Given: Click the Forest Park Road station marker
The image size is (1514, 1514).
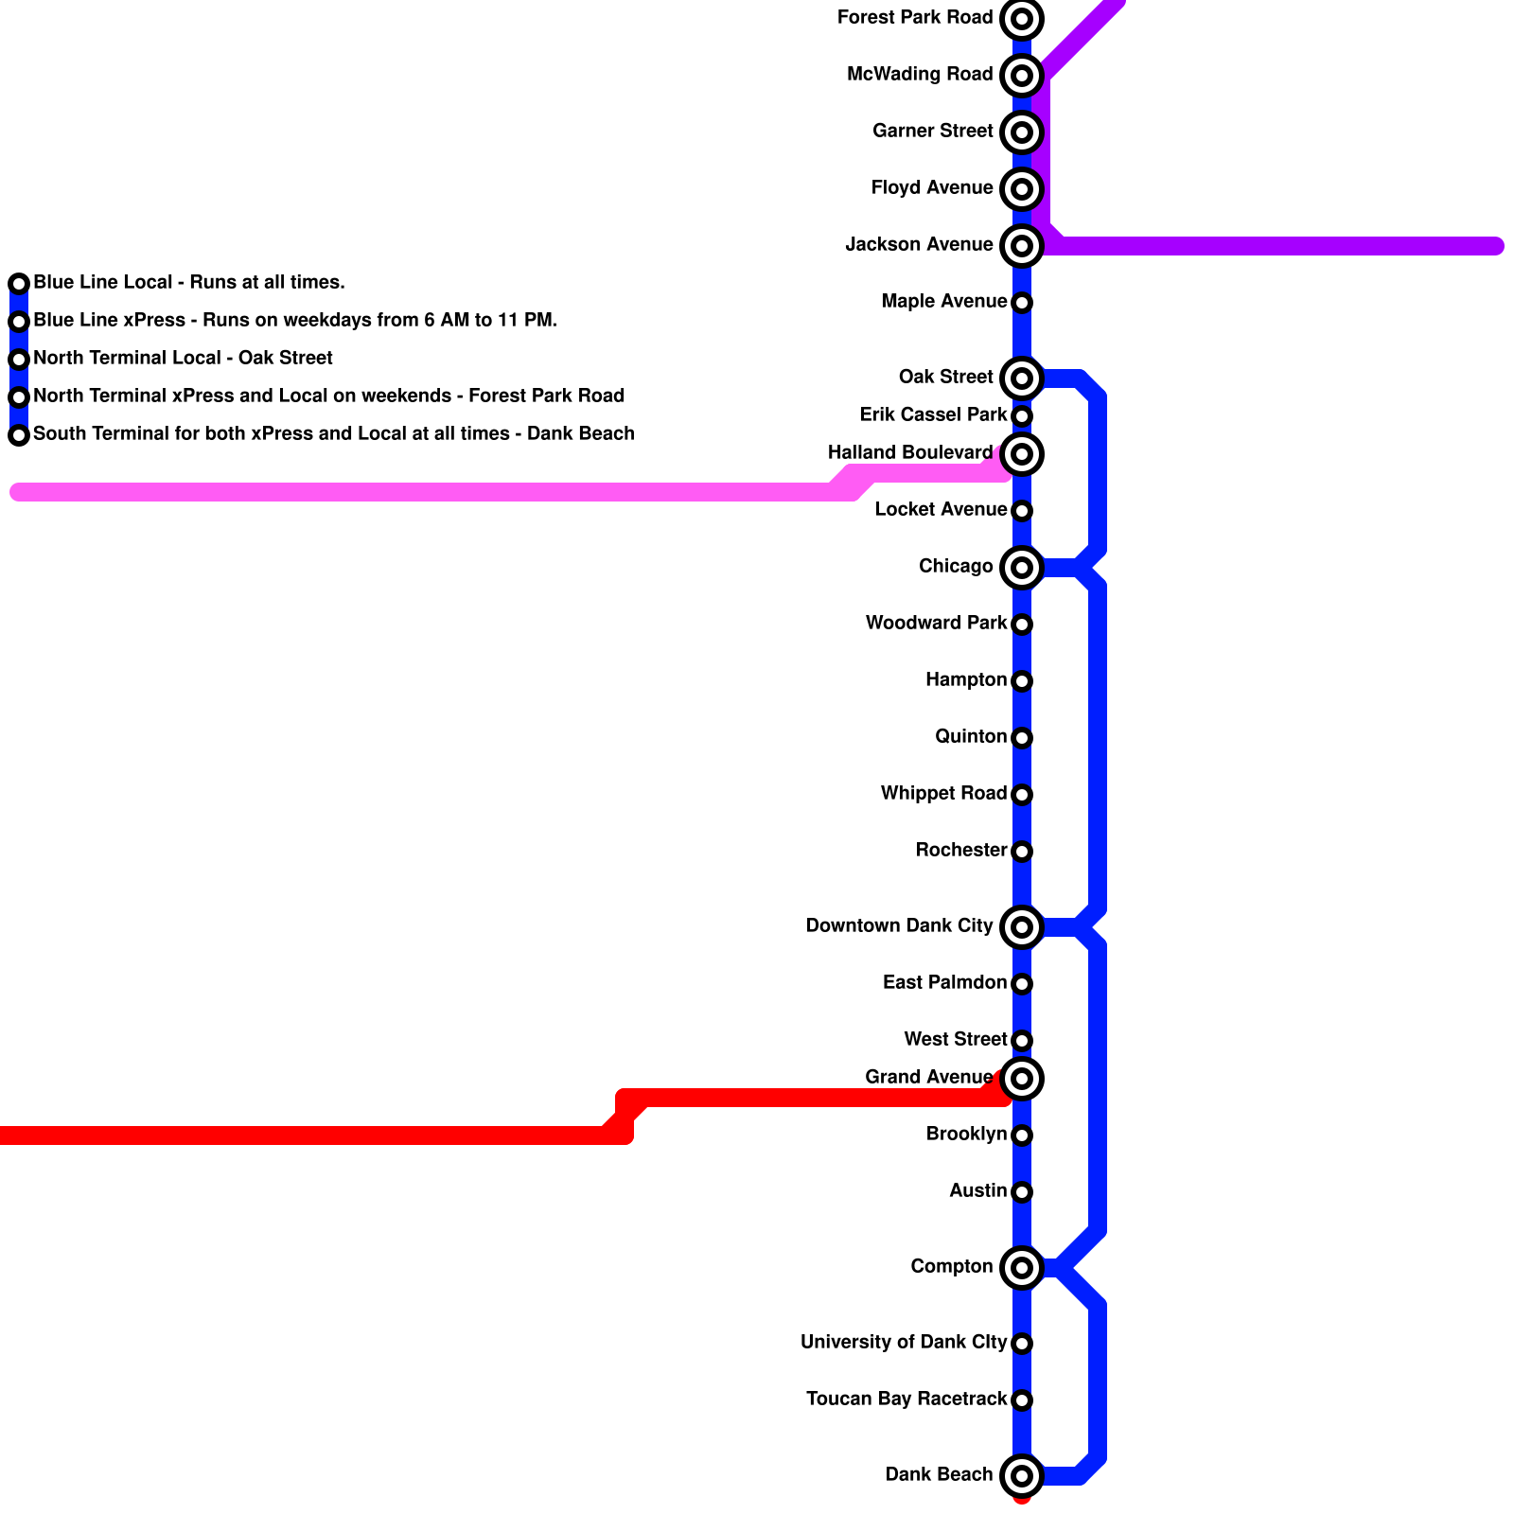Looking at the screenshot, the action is click(1022, 19).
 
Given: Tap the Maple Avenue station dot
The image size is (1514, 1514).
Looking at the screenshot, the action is click(1022, 303).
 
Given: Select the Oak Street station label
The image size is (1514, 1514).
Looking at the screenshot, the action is click(946, 377).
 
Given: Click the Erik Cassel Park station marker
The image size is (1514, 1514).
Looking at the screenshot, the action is click(1022, 416).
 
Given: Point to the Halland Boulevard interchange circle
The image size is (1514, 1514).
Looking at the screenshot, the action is click(1022, 454).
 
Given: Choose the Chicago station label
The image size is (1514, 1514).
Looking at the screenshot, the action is click(956, 566).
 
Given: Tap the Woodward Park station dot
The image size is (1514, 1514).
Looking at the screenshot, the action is click(1022, 625).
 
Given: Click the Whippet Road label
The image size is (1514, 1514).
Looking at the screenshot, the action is click(943, 793).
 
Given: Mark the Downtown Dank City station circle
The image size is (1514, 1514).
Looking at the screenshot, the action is click(1022, 927).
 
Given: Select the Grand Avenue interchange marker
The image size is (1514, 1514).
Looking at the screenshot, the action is click(1022, 1079).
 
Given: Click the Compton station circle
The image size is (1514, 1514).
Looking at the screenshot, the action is click(1022, 1268).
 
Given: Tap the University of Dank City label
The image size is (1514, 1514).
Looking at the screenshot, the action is click(904, 1342).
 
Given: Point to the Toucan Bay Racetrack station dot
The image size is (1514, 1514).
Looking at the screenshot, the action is click(1022, 1400).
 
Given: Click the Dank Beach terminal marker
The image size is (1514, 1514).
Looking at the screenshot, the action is click(1022, 1476).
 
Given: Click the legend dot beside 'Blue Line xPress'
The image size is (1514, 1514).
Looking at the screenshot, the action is click(19, 322).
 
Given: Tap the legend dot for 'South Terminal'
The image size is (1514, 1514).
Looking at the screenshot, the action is click(19, 435).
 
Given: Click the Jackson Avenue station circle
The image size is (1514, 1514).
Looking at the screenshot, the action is click(1022, 246).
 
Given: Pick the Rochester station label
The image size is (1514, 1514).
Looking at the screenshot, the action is click(961, 850).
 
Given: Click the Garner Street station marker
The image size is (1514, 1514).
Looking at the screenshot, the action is click(1022, 132).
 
